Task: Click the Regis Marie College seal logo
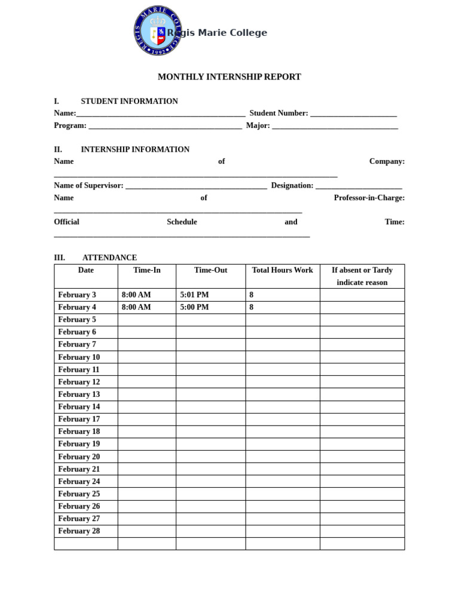[157, 31]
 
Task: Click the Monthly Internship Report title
[229, 77]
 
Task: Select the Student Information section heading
[129, 102]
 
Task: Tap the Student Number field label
[279, 114]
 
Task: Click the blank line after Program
[165, 126]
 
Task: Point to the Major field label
[258, 126]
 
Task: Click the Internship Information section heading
[135, 149]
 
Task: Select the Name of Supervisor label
[88, 186]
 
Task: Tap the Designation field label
[292, 186]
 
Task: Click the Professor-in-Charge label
[369, 198]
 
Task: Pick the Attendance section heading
[109, 258]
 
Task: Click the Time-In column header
[146, 270]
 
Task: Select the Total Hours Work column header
[282, 270]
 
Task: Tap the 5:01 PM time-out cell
[194, 295]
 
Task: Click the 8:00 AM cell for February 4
[136, 307]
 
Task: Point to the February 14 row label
[79, 407]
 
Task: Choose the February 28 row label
[79, 531]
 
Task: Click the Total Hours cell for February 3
[282, 295]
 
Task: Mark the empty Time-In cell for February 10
[146, 357]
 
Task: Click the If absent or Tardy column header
[362, 276]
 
